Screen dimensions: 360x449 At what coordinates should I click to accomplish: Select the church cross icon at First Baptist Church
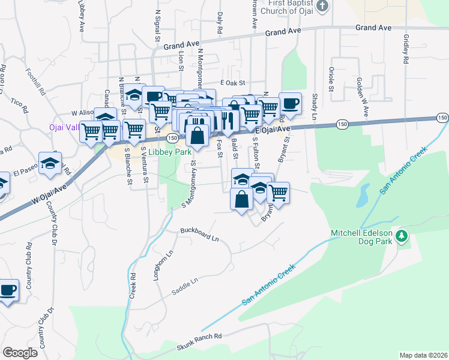click(322, 6)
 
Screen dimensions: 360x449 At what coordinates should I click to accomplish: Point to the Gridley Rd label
click(406, 49)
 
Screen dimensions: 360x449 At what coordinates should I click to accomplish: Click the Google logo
click(20, 353)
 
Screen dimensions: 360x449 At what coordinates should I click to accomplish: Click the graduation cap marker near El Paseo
click(50, 163)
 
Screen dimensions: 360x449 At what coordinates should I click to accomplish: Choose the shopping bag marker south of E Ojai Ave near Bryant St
click(241, 199)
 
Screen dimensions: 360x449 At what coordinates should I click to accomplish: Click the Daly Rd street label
click(220, 22)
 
